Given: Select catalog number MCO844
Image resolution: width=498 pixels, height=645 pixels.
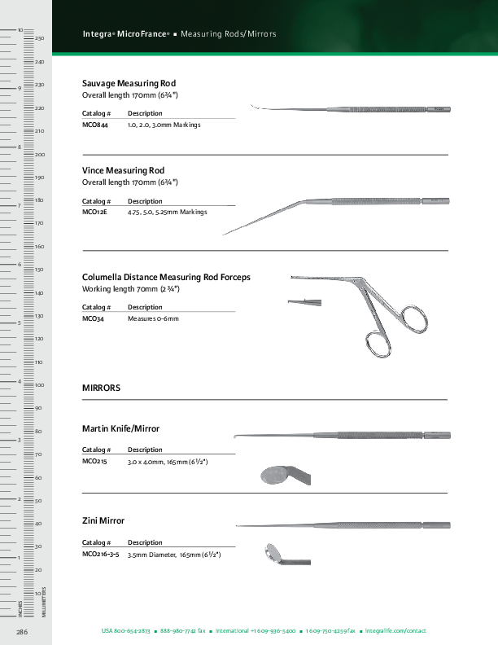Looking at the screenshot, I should (x=95, y=125).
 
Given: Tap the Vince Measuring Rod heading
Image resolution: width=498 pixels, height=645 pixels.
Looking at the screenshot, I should (x=123, y=170).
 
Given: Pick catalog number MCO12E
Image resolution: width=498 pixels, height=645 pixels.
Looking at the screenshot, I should (x=94, y=212).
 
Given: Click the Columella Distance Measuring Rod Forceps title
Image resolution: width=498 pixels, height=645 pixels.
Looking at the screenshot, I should (x=166, y=277).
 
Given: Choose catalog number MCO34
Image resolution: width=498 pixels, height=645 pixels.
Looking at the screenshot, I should (x=93, y=318).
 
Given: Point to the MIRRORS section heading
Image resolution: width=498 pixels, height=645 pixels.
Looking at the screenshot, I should (x=101, y=388).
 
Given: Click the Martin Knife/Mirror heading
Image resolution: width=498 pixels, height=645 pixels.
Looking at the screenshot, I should (x=120, y=428).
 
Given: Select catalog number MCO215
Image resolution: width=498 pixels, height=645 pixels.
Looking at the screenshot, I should (x=94, y=462).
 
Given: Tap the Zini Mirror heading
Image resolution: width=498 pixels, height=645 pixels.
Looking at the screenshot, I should (x=103, y=520).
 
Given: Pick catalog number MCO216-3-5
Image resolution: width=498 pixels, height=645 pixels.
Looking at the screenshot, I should (x=101, y=554).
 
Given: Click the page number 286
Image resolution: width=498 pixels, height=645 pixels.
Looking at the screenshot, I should (x=23, y=631).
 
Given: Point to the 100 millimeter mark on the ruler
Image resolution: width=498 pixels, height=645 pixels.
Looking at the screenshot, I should (x=38, y=385).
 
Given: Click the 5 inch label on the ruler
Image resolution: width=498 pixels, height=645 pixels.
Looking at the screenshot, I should (x=19, y=323).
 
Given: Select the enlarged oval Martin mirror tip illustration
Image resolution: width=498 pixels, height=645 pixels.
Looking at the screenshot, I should (x=275, y=474).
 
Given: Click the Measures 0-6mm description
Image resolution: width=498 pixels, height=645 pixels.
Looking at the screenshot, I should (x=153, y=318).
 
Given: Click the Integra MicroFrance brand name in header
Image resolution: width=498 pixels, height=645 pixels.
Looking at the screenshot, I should (x=125, y=34).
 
